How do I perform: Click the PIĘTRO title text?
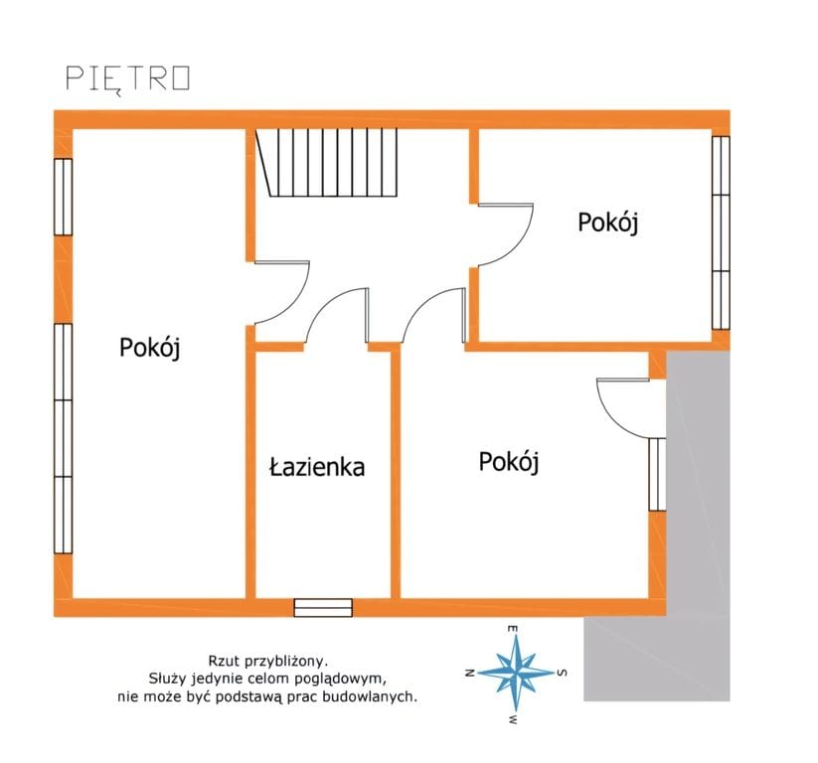(128, 79)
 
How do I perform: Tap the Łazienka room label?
(317, 467)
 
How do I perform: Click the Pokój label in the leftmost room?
(150, 348)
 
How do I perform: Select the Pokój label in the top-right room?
(607, 223)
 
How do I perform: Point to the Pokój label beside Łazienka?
(509, 462)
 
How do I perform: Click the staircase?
(327, 163)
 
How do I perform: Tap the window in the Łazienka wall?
(323, 608)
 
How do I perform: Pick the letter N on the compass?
(469, 673)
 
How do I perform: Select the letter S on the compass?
(562, 673)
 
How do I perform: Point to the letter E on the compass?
(513, 629)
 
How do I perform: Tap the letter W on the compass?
(513, 719)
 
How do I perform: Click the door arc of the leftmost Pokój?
(296, 302)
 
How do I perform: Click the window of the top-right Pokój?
(721, 232)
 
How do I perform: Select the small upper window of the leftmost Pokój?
(64, 197)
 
